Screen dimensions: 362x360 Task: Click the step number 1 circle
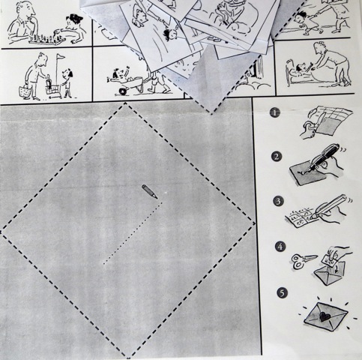point(274,112)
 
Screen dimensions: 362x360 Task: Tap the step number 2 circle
point(277,157)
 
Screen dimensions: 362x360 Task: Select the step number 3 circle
point(278,201)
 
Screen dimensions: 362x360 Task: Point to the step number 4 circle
point(280,247)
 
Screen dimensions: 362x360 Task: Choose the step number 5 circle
point(282,292)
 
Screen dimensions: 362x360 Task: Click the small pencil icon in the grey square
point(150,191)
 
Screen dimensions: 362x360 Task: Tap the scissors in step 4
point(304,261)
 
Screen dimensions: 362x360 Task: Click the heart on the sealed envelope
point(325,316)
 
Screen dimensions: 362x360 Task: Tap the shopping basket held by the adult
point(26,92)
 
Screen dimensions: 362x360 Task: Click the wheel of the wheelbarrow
point(123,91)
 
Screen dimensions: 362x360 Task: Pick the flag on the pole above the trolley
point(61,57)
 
